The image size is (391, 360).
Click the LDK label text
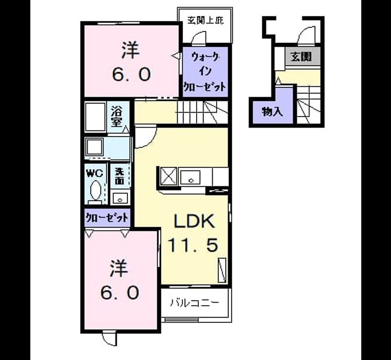point(194,221)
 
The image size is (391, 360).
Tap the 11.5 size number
point(193,245)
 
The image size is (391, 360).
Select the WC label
point(94,173)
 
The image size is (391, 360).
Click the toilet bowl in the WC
point(95,190)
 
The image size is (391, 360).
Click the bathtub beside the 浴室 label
point(95,117)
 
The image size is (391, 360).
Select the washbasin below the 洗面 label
point(120,198)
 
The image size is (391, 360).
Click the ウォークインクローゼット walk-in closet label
point(205,72)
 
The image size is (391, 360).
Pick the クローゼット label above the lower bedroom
point(107,218)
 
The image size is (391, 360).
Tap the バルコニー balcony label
point(195,303)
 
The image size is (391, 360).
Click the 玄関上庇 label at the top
point(205,20)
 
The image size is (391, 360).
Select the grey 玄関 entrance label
point(302,57)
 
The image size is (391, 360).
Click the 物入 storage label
point(272,112)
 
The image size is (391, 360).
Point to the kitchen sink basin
point(190,177)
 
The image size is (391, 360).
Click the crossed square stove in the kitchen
point(169,176)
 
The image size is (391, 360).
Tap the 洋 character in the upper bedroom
point(130,50)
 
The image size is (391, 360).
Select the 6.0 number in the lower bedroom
point(119,293)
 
